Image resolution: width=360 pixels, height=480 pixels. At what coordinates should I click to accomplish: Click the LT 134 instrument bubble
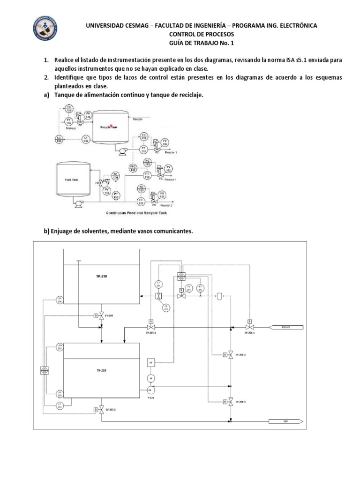pyautogui.click(x=86, y=139)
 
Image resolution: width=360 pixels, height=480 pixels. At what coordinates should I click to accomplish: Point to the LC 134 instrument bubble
pyautogui.click(x=59, y=139)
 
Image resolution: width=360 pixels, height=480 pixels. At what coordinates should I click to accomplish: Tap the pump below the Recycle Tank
pyautogui.click(x=123, y=151)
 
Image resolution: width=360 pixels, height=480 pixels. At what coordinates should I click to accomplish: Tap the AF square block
pyautogui.click(x=151, y=362)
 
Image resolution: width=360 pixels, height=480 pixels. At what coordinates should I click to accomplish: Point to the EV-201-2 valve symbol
pyautogui.click(x=231, y=355)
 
